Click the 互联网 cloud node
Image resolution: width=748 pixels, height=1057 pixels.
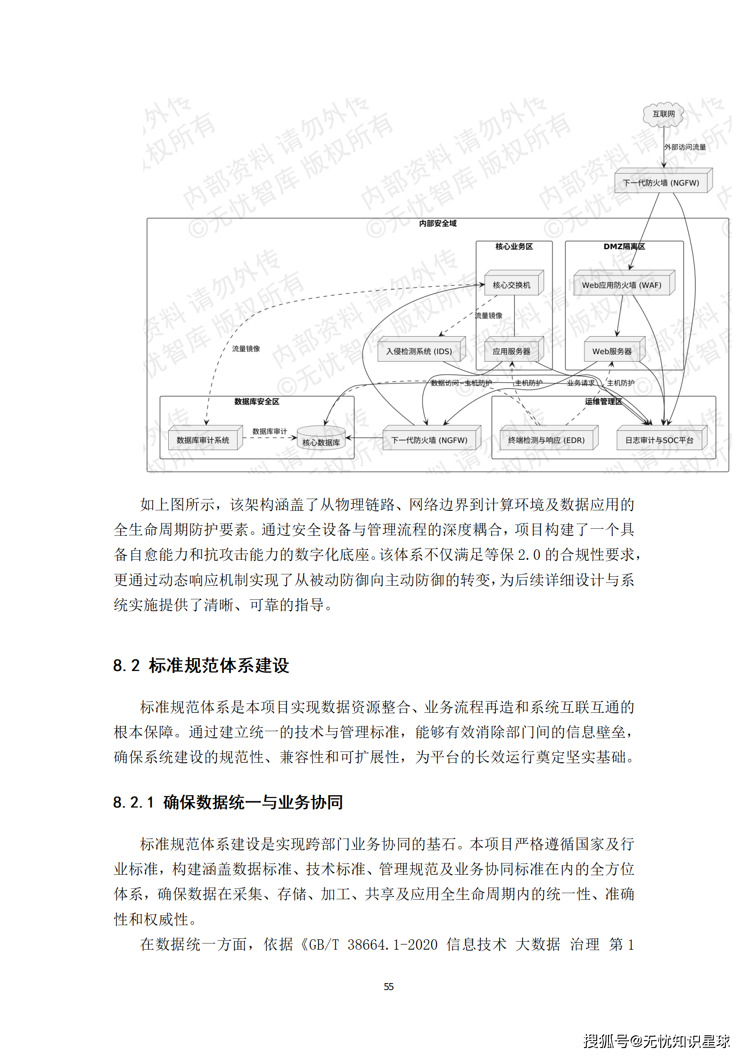tap(663, 114)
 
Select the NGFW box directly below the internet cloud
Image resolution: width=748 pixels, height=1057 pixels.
tap(661, 183)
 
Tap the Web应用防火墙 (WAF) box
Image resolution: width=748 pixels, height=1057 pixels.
tap(622, 285)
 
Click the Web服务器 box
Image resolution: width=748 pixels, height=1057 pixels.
tap(612, 351)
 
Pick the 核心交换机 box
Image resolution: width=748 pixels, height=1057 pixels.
tap(512, 285)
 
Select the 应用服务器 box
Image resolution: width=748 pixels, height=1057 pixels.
tap(512, 351)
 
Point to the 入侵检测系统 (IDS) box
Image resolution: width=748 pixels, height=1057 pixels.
tap(419, 351)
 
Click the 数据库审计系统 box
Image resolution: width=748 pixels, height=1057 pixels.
tap(203, 440)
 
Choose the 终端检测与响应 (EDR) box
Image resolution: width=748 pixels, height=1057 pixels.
tap(547, 440)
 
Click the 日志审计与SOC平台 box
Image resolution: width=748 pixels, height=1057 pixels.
tap(659, 440)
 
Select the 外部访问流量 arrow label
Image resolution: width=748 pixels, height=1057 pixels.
tap(685, 147)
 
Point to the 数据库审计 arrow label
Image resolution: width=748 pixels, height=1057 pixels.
tap(270, 431)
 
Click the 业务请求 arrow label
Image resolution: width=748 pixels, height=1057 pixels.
tap(581, 383)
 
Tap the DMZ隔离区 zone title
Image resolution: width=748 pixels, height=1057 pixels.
tap(624, 247)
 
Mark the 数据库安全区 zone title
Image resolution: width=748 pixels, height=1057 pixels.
tap(257, 402)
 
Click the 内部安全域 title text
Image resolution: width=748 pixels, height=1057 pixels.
tap(438, 224)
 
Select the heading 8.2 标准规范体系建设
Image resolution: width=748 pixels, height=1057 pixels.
tap(201, 665)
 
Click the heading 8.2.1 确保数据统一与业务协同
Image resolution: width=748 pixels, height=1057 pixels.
tap(228, 802)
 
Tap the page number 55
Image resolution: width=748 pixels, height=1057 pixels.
tap(389, 986)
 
